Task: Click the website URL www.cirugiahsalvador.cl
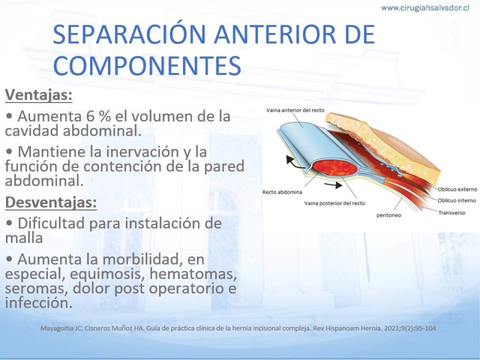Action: coord(425,8)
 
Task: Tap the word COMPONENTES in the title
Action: coord(147,65)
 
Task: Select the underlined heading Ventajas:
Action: coord(38,95)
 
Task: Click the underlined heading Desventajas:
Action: coord(51,202)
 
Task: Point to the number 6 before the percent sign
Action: coord(90,116)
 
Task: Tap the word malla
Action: coord(24,238)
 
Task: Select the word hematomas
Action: coord(193,274)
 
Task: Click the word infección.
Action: coord(39,303)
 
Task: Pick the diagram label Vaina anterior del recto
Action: coord(295,110)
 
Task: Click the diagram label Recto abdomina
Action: coord(282,192)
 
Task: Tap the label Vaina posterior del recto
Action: coord(335,203)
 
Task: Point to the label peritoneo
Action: coord(389,215)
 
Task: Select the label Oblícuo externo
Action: coord(457,189)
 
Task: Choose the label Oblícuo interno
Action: coord(457,200)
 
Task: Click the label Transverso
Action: coord(452,213)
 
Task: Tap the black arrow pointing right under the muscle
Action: coord(334,185)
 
